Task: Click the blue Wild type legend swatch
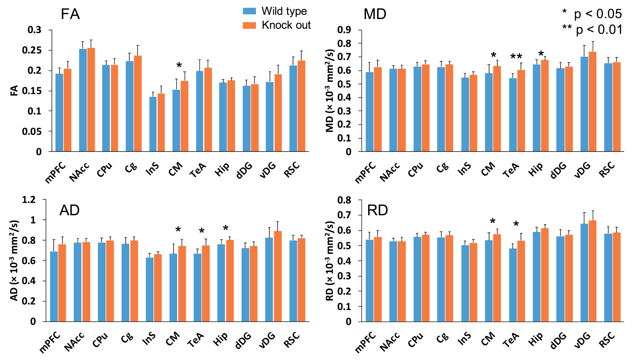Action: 249,11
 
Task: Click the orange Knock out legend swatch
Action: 249,25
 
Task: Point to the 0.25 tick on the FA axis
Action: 32,50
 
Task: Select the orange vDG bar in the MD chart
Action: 593,101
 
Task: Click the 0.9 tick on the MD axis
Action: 344,30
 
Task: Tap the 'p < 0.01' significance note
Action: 592,30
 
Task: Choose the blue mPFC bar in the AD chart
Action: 54,286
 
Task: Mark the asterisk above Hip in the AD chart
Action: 226,228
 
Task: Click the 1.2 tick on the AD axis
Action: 29,200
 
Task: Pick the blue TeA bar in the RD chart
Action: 513,285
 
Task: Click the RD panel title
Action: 377,210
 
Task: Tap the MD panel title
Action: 375,14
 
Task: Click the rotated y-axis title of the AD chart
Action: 14,260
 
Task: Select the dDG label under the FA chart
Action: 244,171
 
